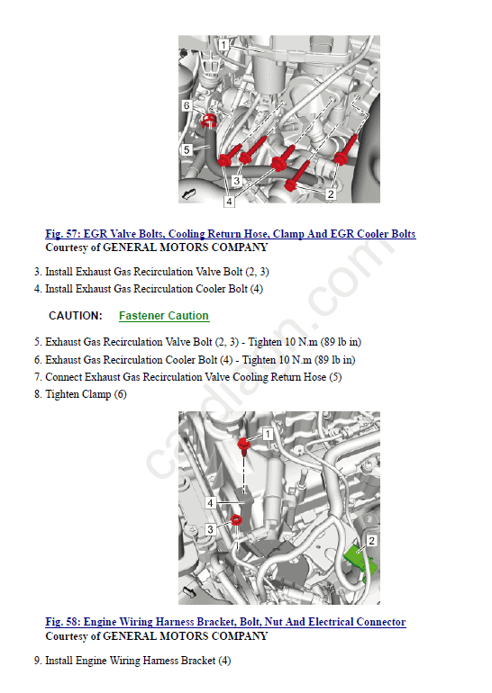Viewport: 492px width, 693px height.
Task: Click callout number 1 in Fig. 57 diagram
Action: [x=223, y=45]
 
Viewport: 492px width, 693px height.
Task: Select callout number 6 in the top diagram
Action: [x=187, y=105]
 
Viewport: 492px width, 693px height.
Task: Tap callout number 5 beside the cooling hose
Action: [x=187, y=149]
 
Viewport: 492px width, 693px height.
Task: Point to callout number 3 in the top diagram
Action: [x=237, y=181]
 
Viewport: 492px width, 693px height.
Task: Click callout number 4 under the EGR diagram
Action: [x=229, y=202]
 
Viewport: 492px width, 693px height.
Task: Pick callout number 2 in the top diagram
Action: [x=331, y=194]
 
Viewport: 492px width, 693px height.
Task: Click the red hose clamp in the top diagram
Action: [x=208, y=121]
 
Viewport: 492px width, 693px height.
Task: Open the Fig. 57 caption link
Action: [x=231, y=234]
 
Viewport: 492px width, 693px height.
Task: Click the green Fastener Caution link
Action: [x=164, y=316]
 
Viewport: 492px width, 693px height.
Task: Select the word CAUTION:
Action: [x=76, y=316]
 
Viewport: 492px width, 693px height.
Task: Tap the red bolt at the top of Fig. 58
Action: [x=244, y=445]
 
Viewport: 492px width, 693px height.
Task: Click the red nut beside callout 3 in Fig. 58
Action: [x=236, y=520]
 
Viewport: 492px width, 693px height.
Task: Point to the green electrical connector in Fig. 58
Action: [x=360, y=562]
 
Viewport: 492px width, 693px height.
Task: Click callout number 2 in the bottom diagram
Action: [x=371, y=541]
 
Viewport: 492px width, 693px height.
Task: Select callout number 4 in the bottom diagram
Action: [x=210, y=503]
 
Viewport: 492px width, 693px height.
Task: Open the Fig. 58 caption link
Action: [x=225, y=622]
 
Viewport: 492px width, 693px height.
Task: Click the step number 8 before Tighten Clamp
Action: [x=38, y=394]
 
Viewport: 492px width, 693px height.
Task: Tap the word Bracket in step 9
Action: [x=198, y=661]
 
